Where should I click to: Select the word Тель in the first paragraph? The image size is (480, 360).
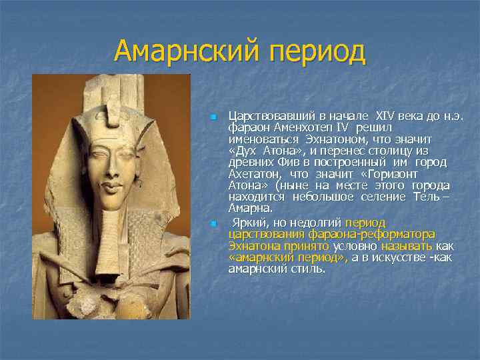425,197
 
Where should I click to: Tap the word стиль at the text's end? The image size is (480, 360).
308,269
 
